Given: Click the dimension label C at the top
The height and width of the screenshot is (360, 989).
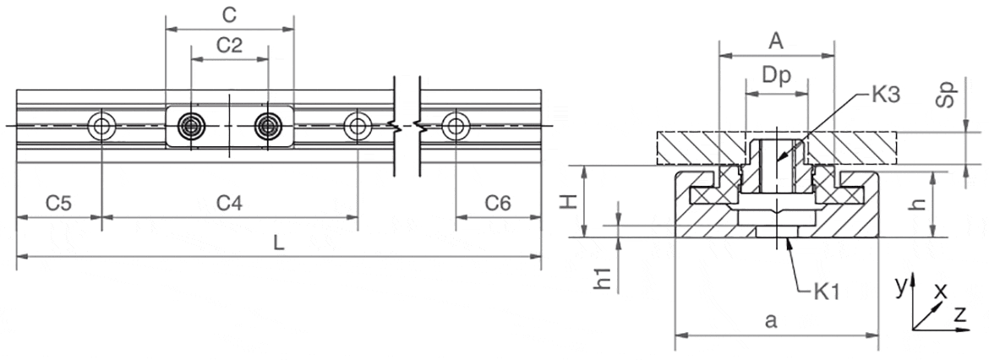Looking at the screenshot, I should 228,15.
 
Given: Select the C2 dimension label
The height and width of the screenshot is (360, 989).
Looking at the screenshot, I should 230,46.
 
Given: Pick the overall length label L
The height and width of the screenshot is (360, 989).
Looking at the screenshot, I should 278,243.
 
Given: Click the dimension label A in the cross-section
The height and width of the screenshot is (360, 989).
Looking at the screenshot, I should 776,40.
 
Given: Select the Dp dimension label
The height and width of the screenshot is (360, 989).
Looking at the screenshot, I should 776,75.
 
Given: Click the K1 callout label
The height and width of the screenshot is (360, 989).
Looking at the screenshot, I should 825,293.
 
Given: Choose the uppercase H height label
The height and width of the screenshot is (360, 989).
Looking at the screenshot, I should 571,201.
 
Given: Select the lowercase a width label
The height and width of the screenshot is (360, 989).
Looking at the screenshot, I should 770,320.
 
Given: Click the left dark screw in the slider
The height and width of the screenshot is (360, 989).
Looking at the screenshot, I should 191,127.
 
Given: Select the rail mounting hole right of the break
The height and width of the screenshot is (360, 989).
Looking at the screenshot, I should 456,127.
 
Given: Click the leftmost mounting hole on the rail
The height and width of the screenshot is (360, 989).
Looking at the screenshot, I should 101,127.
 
